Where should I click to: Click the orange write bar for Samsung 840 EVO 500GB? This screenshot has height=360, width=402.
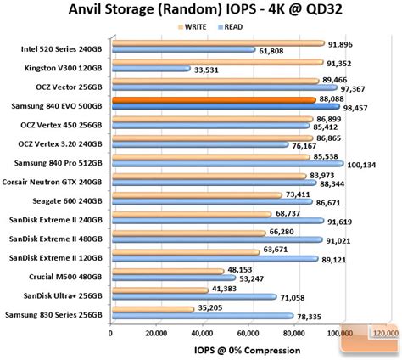pyautogui.click(x=214, y=99)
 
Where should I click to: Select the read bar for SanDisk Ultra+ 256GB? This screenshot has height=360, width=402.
pyautogui.click(x=194, y=297)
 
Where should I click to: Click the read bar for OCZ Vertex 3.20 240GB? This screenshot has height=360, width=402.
pyautogui.click(x=199, y=145)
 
